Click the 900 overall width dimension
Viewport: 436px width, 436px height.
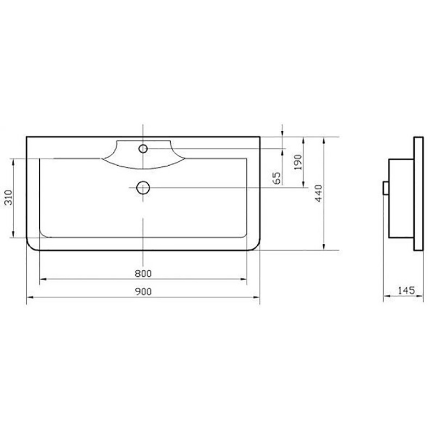click(143, 292)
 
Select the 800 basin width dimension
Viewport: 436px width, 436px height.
click(143, 274)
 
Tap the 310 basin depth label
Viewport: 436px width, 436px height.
click(9, 198)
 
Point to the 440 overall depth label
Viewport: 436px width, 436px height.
click(318, 193)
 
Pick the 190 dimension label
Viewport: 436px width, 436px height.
click(298, 162)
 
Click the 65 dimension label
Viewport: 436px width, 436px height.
click(277, 178)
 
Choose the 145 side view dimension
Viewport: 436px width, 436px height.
click(406, 290)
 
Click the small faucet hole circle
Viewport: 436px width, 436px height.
click(143, 149)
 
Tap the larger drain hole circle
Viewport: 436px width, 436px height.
click(143, 187)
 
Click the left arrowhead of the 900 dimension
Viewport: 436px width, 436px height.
click(30, 297)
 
